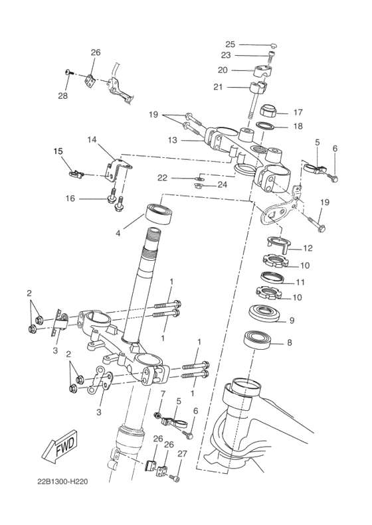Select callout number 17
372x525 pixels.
click(x=298, y=112)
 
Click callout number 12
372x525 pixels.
click(x=308, y=248)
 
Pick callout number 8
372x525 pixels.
click(x=289, y=343)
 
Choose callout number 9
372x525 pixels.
click(x=290, y=321)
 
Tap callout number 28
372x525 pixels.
click(x=62, y=96)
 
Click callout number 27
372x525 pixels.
click(x=182, y=454)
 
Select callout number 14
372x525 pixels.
click(x=92, y=139)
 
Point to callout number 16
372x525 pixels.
click(x=70, y=198)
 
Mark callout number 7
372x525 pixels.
click(x=161, y=393)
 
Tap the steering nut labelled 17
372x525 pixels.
click(x=268, y=110)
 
